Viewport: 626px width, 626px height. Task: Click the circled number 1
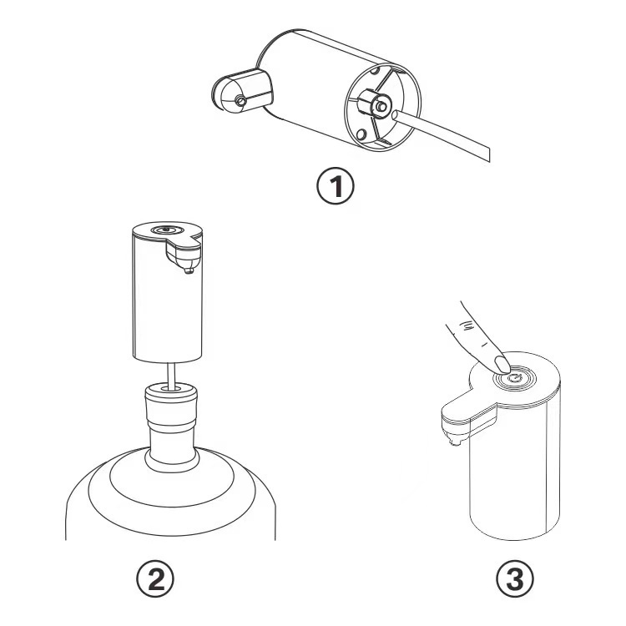tap(336, 186)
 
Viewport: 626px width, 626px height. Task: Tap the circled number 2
tap(155, 578)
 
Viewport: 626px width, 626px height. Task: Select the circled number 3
tap(515, 578)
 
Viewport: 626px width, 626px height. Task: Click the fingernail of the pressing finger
tap(502, 364)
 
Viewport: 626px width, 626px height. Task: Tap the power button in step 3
tap(515, 377)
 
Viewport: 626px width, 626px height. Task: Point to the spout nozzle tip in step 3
tap(453, 441)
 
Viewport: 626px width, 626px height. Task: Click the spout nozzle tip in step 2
tap(189, 270)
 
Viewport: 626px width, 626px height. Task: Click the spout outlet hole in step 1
tap(240, 101)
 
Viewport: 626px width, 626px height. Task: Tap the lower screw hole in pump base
tap(361, 134)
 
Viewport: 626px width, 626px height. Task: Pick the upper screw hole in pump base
tap(376, 72)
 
